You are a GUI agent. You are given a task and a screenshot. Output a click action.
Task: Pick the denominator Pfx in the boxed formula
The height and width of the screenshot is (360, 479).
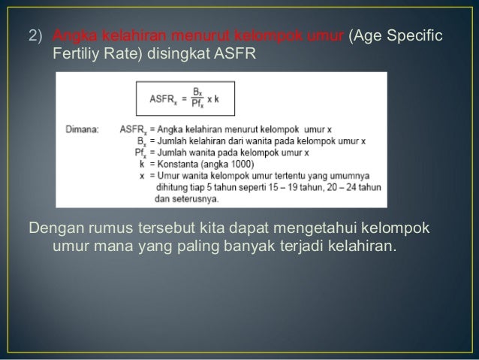(197, 103)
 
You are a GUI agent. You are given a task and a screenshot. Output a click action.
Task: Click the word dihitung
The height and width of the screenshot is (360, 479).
(173, 187)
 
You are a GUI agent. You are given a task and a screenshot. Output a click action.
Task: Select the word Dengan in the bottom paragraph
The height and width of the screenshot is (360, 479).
(54, 228)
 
